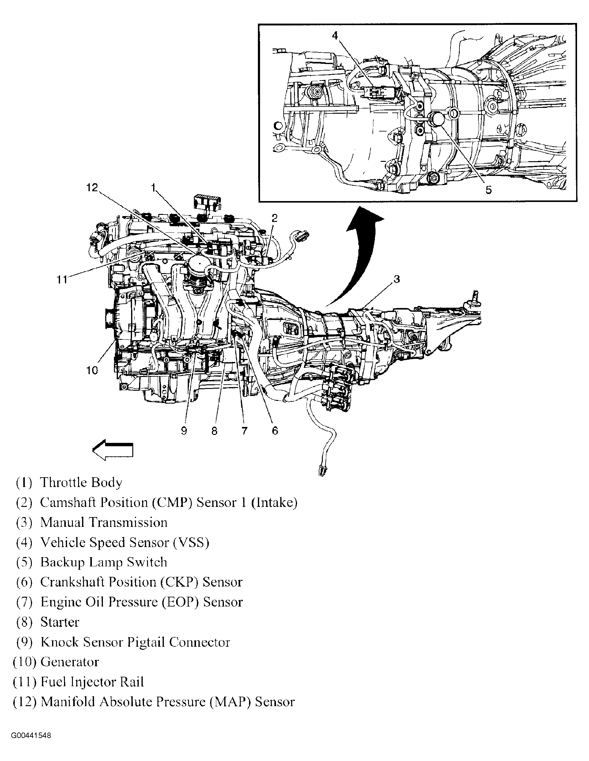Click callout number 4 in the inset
coord(335,36)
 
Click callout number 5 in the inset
coord(488,190)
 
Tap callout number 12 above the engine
coord(92,188)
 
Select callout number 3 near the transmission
coord(397,279)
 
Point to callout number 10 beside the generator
coord(92,371)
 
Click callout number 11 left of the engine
coord(62,280)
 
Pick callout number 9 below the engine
coord(184,431)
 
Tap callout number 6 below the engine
coord(275,431)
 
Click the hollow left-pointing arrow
coord(112,450)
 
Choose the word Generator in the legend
coord(70,662)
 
